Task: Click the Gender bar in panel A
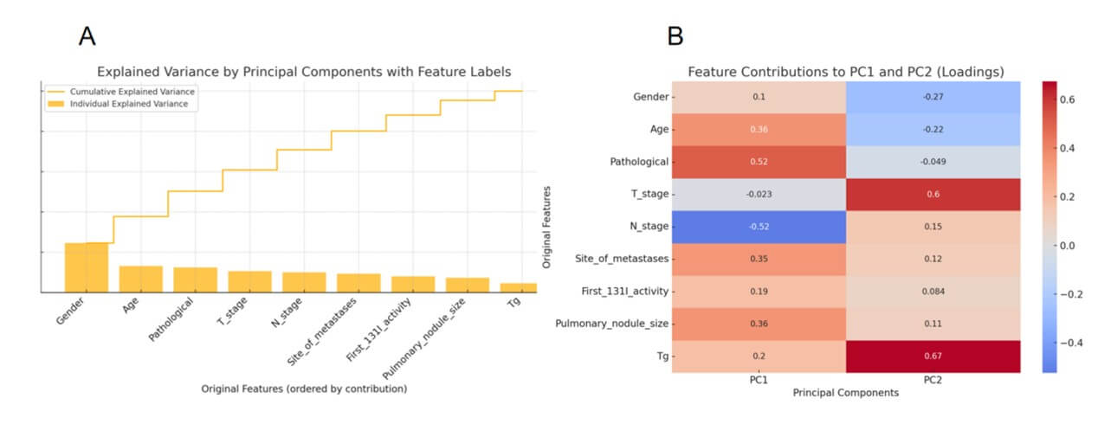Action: point(87,267)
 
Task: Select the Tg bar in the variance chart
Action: point(512,287)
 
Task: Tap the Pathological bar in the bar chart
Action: point(195,279)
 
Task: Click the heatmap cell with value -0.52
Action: point(759,227)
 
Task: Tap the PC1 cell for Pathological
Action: point(759,162)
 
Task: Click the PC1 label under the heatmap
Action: point(759,379)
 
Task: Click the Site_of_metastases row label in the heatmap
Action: point(623,259)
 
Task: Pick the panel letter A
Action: point(87,35)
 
